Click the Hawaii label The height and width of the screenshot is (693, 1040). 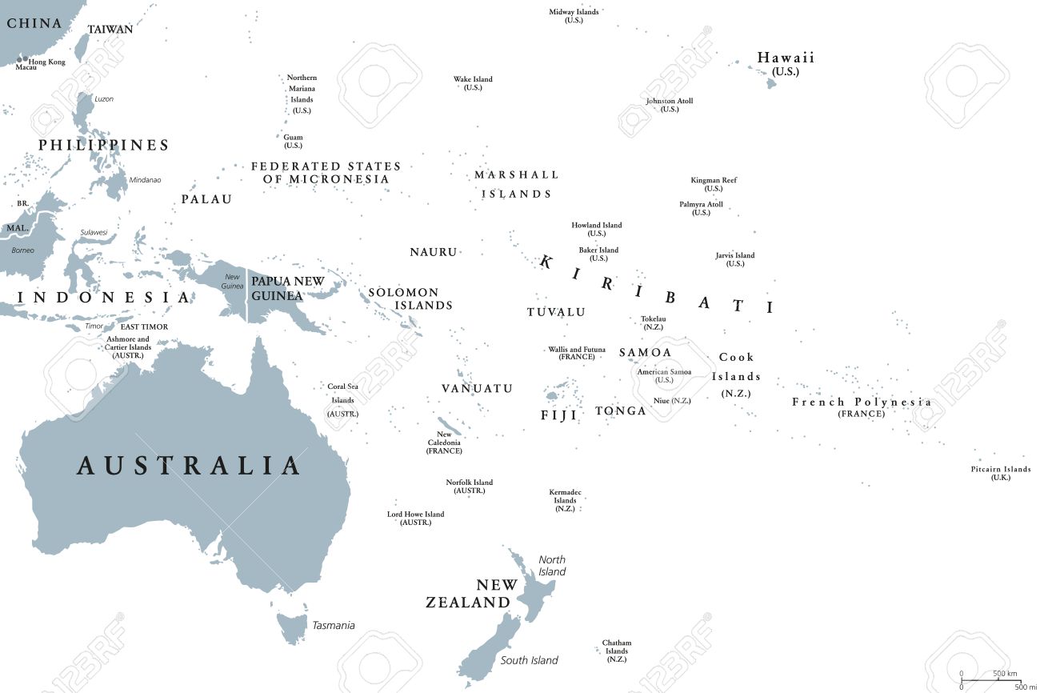tap(786, 58)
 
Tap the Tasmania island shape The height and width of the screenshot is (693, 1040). tap(292, 627)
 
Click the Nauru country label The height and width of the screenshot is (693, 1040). tap(433, 252)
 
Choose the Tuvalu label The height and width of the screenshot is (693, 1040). tap(556, 312)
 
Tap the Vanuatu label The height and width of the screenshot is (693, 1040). tap(477, 388)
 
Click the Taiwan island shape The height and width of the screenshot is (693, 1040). tap(82, 47)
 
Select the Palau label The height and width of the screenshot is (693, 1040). tap(206, 199)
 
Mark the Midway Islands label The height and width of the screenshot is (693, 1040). tap(574, 12)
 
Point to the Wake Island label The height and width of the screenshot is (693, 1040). tap(473, 79)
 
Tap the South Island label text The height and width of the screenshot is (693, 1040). tap(529, 660)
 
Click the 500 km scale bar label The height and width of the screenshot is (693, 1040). tap(1005, 674)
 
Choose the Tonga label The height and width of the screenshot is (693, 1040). tap(620, 411)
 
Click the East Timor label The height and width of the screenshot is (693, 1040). tap(144, 327)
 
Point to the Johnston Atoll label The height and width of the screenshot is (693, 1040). tap(670, 101)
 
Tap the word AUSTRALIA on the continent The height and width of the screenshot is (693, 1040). tap(189, 466)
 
